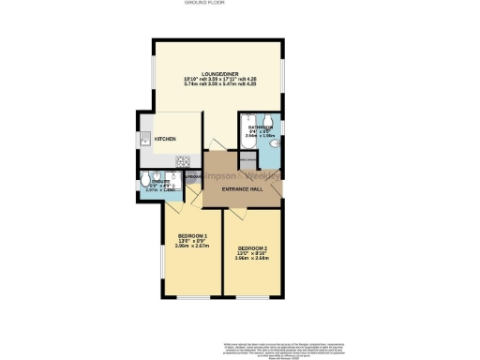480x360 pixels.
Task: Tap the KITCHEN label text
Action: click(x=165, y=139)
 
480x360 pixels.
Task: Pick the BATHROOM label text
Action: click(x=260, y=126)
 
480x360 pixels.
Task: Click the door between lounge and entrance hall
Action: click(x=219, y=144)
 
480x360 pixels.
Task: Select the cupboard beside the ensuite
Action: click(x=193, y=178)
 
